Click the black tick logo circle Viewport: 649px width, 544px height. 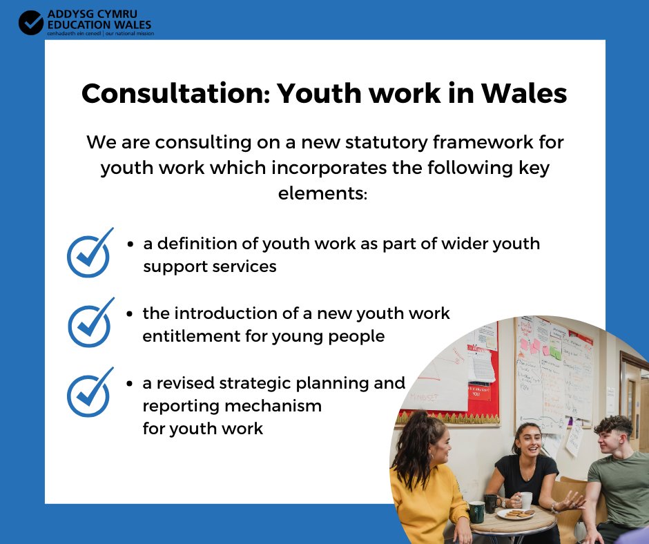(31, 22)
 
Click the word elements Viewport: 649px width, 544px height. (323, 193)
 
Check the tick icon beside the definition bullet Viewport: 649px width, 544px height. (89, 253)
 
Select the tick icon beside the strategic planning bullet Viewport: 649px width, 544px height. (89, 392)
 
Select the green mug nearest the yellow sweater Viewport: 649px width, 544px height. (476, 511)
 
